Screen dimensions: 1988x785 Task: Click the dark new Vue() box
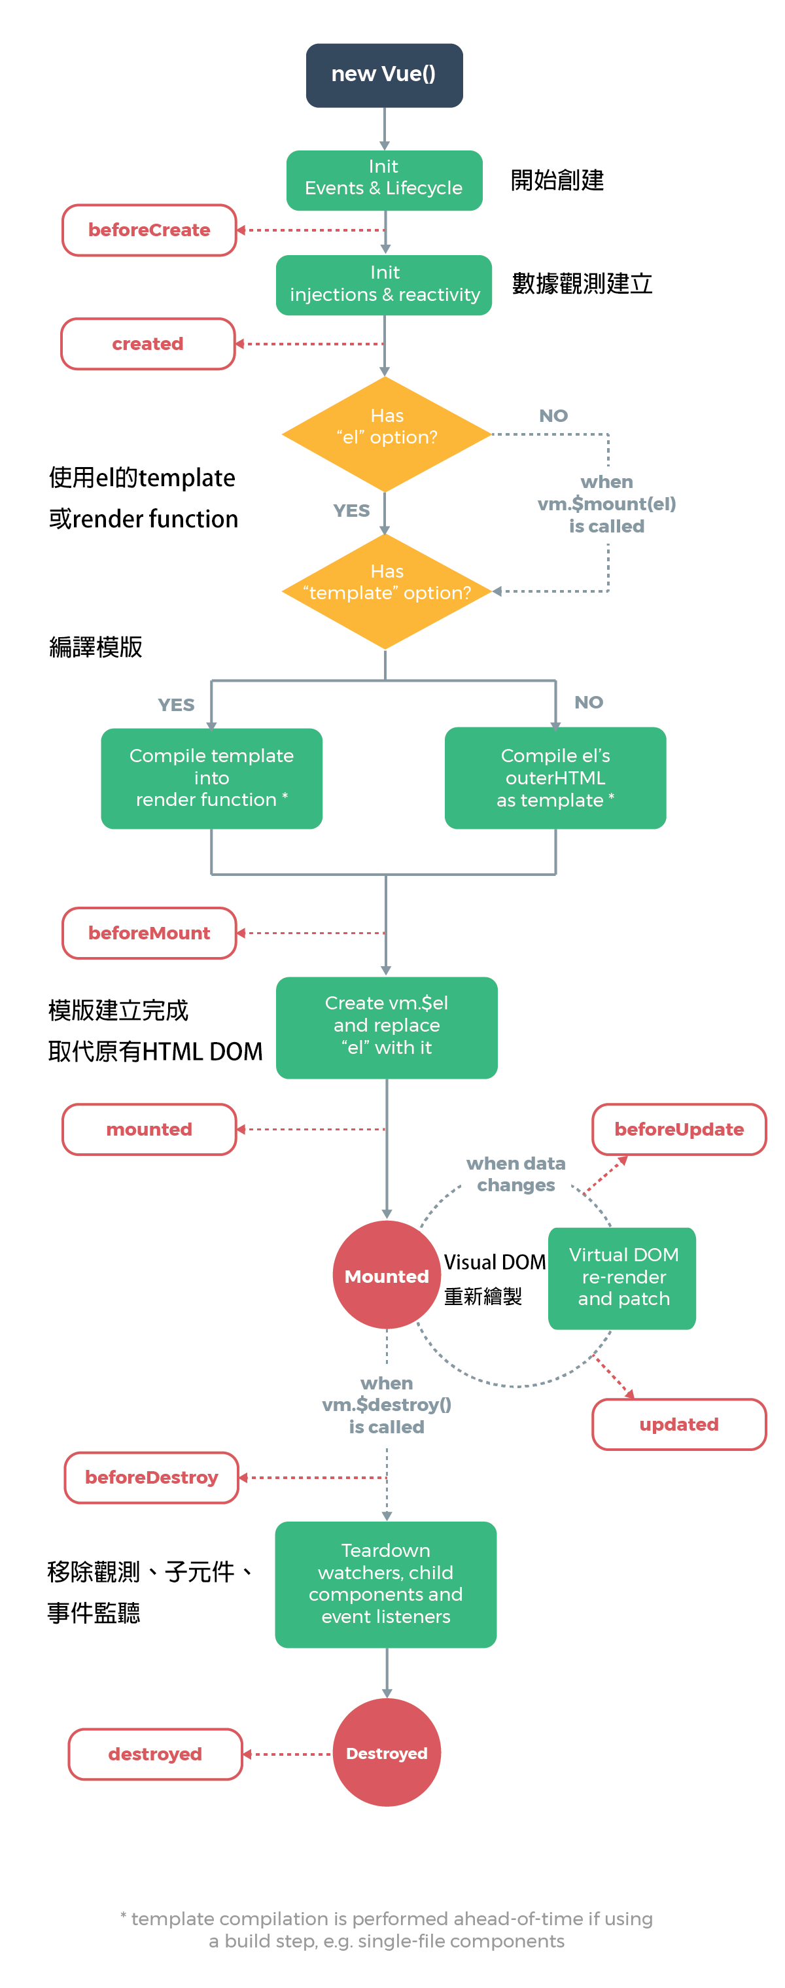coord(383,75)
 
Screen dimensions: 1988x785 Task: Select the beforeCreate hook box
coord(149,230)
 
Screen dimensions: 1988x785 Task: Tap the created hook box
coord(147,343)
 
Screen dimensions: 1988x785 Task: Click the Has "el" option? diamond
coord(386,434)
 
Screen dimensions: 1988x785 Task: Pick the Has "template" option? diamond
coord(386,591)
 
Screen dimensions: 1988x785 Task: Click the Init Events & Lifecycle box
coord(383,180)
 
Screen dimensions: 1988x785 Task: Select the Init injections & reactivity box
coord(383,284)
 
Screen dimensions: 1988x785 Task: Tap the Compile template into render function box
coord(211,777)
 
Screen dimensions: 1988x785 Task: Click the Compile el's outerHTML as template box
coord(555,777)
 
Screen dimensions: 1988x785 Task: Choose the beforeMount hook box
coord(149,932)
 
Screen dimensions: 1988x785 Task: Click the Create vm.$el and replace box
coord(386,1026)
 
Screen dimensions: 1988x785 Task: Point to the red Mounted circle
coord(386,1274)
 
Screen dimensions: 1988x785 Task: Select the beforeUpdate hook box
coord(678,1128)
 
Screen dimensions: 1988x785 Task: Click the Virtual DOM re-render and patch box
coord(622,1277)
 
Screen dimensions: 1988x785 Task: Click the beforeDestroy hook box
coord(151,1476)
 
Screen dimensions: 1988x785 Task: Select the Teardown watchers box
coord(385,1584)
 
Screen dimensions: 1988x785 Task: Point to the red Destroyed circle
coord(386,1752)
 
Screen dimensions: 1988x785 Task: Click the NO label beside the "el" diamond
coord(553,416)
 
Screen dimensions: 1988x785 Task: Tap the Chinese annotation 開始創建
coord(557,180)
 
